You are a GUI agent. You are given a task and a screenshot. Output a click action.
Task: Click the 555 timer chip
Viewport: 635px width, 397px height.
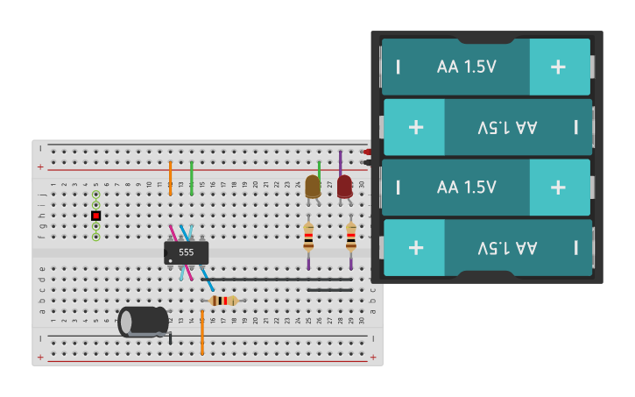(186, 252)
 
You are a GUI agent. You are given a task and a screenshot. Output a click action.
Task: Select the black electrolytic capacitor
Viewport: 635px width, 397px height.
(143, 322)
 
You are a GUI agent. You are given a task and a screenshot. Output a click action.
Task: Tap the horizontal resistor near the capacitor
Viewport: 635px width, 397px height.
(223, 301)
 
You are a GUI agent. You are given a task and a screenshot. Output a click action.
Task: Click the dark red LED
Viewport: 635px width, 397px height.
(344, 187)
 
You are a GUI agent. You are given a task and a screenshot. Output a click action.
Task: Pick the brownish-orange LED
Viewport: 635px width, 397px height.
(313, 186)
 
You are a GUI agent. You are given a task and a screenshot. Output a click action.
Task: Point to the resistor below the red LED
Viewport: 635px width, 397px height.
(351, 237)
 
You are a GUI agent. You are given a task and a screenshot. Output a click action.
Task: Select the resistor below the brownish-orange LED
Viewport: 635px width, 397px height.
(308, 237)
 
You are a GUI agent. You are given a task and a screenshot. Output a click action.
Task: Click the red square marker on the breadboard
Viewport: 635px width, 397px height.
(96, 216)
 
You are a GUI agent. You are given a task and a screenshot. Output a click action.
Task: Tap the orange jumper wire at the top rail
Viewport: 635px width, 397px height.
(170, 177)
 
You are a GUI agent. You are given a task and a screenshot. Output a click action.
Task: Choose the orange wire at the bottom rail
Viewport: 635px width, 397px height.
(201, 333)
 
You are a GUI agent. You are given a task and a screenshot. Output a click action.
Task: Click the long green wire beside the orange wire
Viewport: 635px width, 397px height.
(191, 177)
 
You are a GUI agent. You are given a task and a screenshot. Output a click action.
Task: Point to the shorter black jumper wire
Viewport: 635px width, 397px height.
(329, 290)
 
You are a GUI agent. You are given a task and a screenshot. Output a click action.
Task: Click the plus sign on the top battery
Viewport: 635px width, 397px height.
(558, 67)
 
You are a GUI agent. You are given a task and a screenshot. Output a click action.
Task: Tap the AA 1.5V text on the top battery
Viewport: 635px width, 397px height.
(466, 67)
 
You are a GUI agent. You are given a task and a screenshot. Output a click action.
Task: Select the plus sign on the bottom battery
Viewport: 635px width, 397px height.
(415, 247)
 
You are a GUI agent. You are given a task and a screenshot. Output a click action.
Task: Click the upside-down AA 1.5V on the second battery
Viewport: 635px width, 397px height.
(508, 127)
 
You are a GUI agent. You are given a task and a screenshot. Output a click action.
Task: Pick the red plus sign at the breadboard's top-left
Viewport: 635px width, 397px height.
(40, 167)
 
